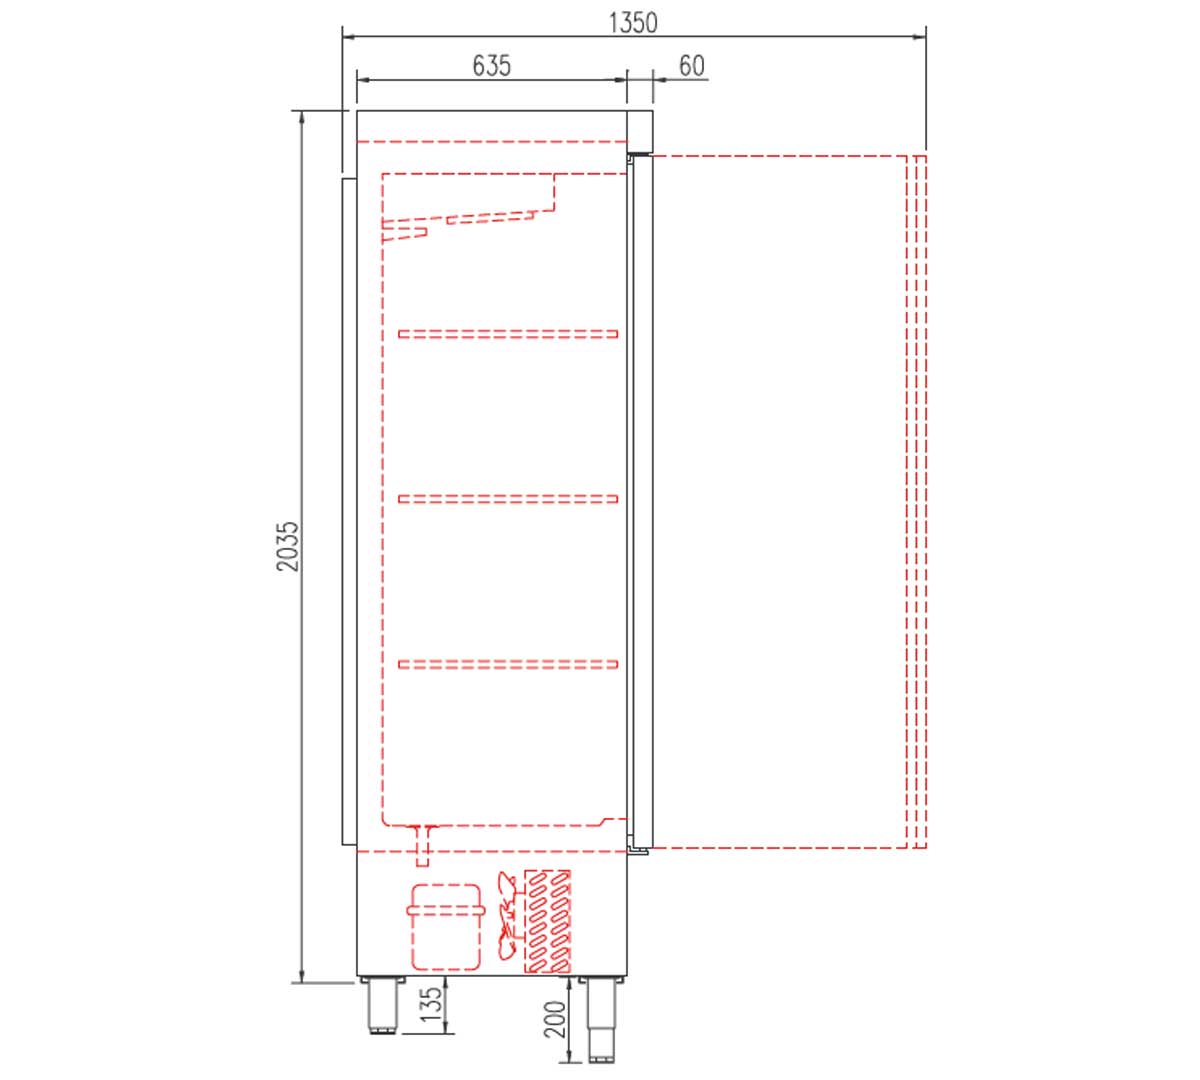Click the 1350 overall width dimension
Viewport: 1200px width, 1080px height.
[634, 22]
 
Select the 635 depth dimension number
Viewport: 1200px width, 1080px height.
[491, 66]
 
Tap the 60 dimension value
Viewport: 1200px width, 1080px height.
[691, 66]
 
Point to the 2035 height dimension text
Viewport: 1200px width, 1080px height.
[288, 546]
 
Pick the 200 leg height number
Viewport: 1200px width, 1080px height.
[557, 1019]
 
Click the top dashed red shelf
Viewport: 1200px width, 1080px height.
[509, 334]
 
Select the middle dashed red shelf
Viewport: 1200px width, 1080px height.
[509, 498]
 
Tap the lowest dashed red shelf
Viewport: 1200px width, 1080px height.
[509, 663]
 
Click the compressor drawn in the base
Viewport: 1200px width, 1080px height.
[445, 927]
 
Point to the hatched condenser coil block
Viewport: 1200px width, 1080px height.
[548, 921]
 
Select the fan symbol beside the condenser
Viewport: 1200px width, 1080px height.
[509, 918]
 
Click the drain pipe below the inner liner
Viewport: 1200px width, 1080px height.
[424, 846]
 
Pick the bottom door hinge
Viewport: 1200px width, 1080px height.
[637, 851]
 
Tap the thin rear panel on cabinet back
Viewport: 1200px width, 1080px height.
[348, 510]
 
